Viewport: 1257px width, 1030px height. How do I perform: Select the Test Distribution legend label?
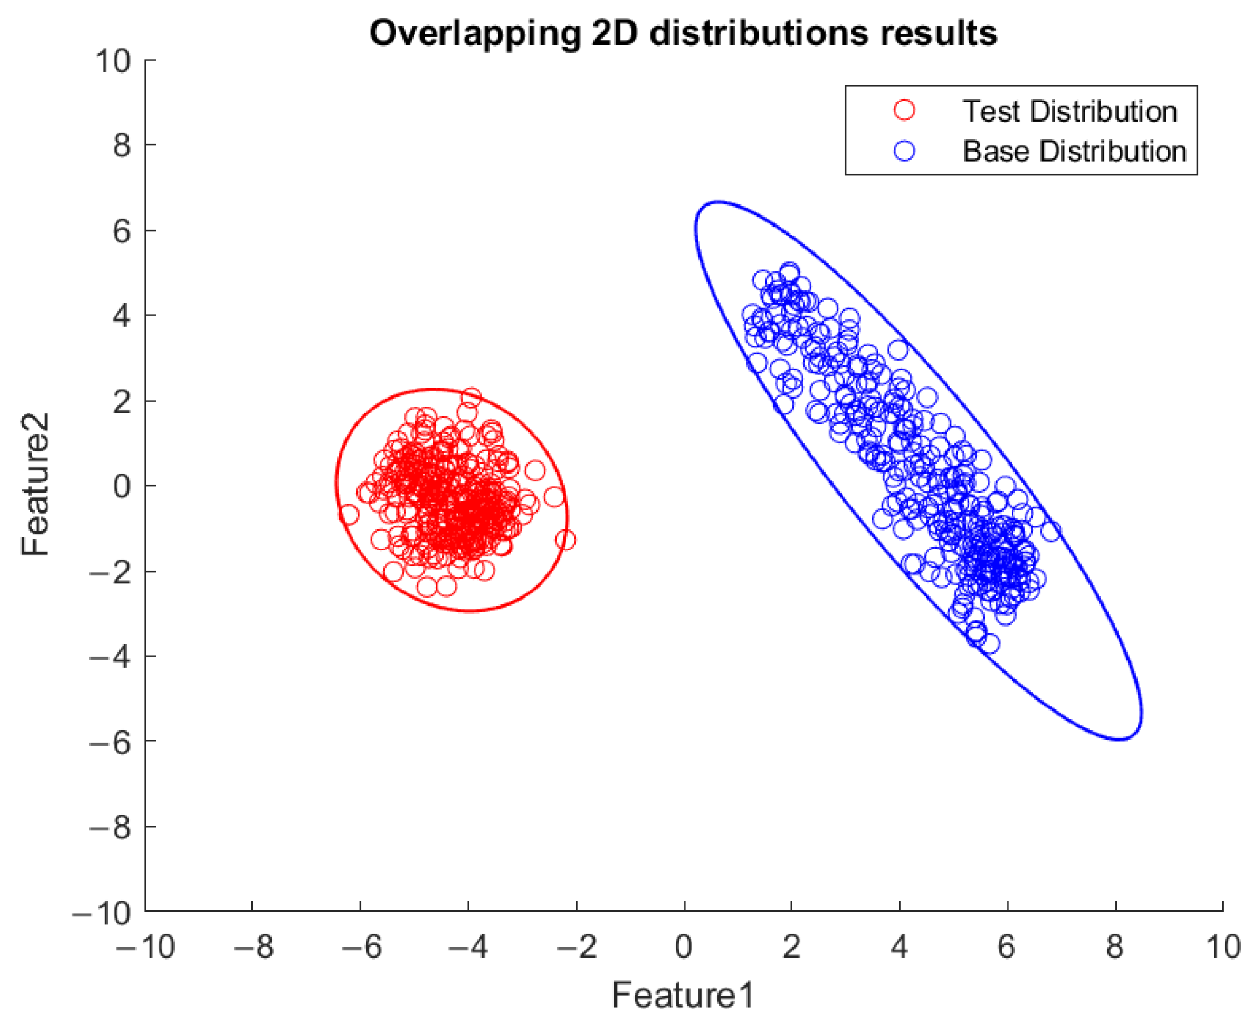tap(1069, 111)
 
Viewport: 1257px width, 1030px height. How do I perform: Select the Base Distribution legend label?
tap(1074, 151)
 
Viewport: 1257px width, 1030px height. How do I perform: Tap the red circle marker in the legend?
tap(904, 110)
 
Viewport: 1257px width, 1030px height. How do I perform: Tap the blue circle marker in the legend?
tap(904, 151)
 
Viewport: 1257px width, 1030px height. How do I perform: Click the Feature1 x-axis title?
tap(683, 995)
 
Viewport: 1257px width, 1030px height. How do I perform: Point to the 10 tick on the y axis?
tap(113, 61)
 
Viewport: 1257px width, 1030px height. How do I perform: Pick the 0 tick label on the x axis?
tap(683, 947)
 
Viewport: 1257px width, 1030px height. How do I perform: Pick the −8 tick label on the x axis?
tap(253, 947)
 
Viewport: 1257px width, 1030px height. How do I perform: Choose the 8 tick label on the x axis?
tap(1115, 947)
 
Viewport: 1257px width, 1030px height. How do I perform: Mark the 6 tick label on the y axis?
tap(121, 231)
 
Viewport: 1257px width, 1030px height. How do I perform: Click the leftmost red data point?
tap(349, 514)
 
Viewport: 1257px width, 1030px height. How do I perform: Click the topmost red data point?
tap(471, 397)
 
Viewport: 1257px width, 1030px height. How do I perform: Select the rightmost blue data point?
tap(1051, 531)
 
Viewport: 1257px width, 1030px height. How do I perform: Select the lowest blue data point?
tap(989, 644)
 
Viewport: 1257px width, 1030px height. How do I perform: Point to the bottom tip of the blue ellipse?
tap(1120, 739)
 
